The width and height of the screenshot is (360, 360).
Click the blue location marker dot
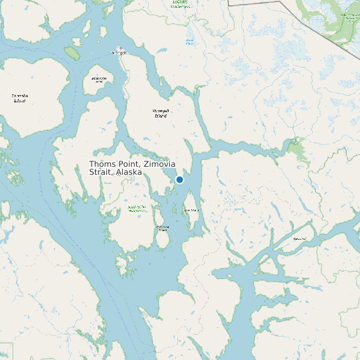[179, 179]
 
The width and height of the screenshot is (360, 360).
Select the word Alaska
[129, 172]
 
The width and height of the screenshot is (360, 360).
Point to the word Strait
[100, 172]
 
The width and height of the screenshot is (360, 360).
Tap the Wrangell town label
[119, 52]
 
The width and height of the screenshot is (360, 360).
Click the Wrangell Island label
[161, 113]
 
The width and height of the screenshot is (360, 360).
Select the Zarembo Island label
[19, 98]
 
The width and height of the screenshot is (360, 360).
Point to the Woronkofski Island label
[99, 80]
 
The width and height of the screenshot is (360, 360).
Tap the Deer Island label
[191, 211]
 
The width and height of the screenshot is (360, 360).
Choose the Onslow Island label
[162, 228]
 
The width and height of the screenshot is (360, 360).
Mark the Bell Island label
[300, 238]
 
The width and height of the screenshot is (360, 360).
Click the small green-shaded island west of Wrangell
[71, 51]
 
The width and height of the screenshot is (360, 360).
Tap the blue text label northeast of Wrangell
[191, 42]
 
